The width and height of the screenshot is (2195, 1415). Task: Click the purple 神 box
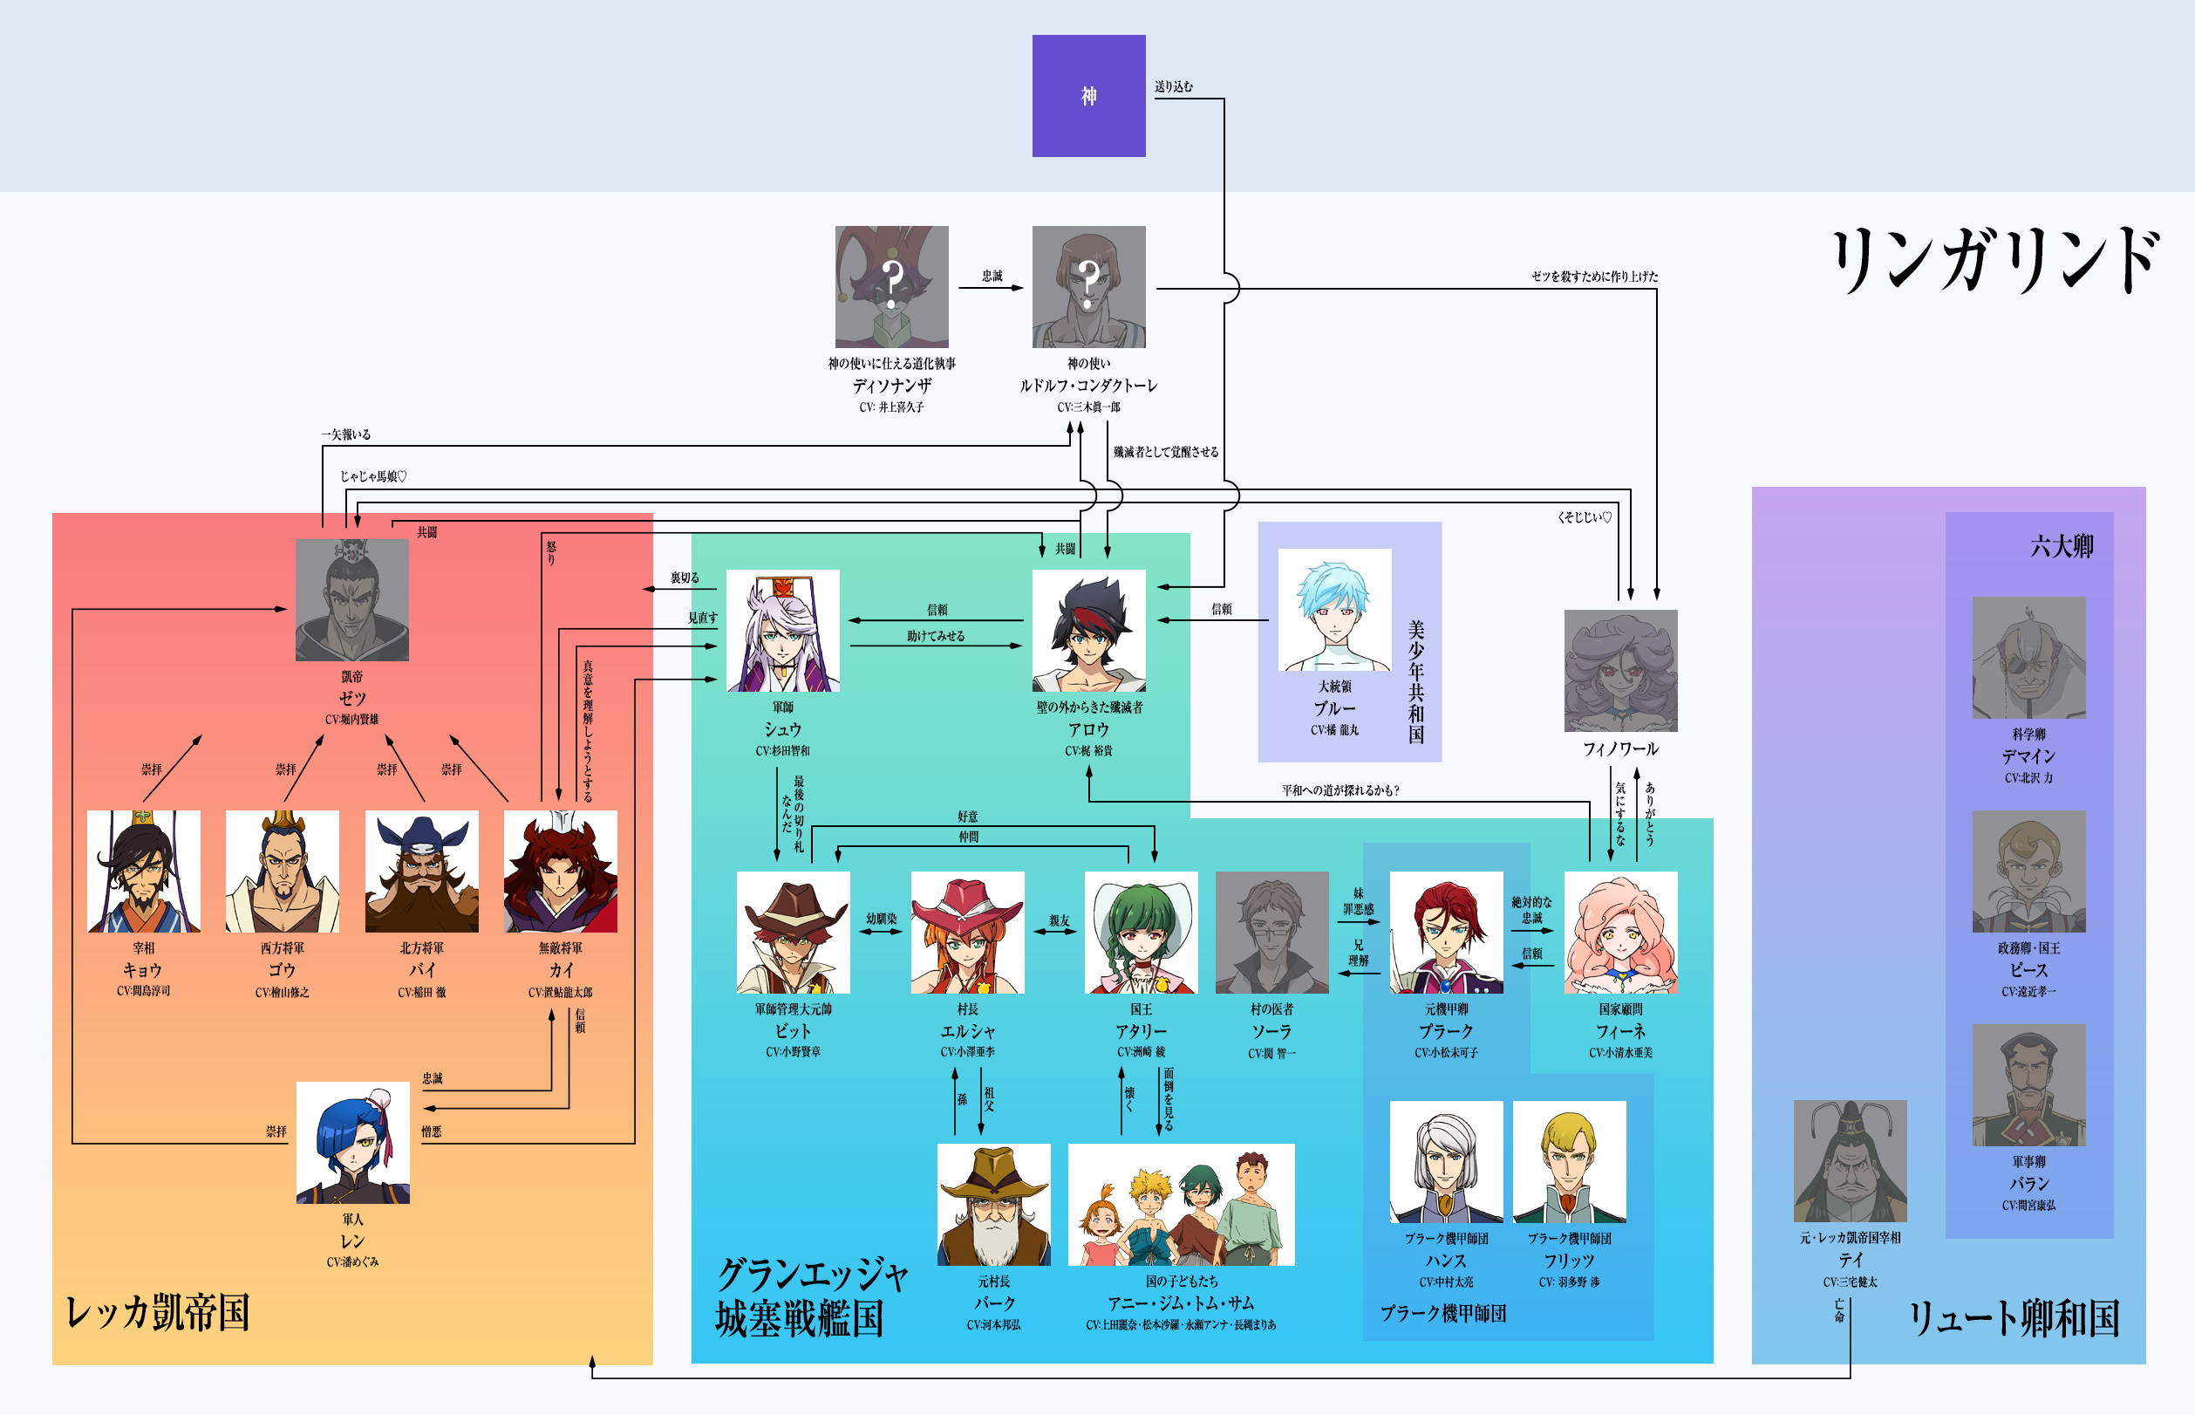pyautogui.click(x=1088, y=96)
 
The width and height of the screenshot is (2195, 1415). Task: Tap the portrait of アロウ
pyautogui.click(x=1088, y=631)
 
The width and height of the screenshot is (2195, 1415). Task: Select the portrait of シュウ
pyautogui.click(x=782, y=631)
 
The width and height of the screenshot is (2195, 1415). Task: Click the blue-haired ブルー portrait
pyautogui.click(x=1334, y=609)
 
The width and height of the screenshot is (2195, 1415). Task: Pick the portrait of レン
pyautogui.click(x=352, y=1142)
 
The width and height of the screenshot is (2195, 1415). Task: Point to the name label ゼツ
pyautogui.click(x=351, y=698)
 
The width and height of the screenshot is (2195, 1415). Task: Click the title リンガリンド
pyautogui.click(x=1993, y=261)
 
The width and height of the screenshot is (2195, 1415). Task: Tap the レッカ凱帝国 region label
pyautogui.click(x=158, y=1312)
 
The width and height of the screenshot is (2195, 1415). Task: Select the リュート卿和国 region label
pyautogui.click(x=2013, y=1317)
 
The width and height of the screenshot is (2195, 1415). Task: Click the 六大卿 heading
pyautogui.click(x=2061, y=547)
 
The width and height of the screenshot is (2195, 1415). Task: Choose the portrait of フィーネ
pyautogui.click(x=1620, y=932)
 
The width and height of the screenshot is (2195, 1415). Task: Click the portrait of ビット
pyautogui.click(x=793, y=932)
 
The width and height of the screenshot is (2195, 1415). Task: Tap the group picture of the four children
pyautogui.click(x=1181, y=1205)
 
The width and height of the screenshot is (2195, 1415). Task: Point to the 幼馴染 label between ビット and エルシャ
pyautogui.click(x=881, y=918)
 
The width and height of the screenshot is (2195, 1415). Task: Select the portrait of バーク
pyautogui.click(x=993, y=1205)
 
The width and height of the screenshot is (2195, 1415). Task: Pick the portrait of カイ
pyautogui.click(x=560, y=871)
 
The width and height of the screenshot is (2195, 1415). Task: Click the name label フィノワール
pyautogui.click(x=1620, y=749)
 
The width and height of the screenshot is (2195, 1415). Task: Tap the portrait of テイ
pyautogui.click(x=1850, y=1160)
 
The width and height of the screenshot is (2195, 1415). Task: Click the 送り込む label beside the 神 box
pyautogui.click(x=1174, y=86)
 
